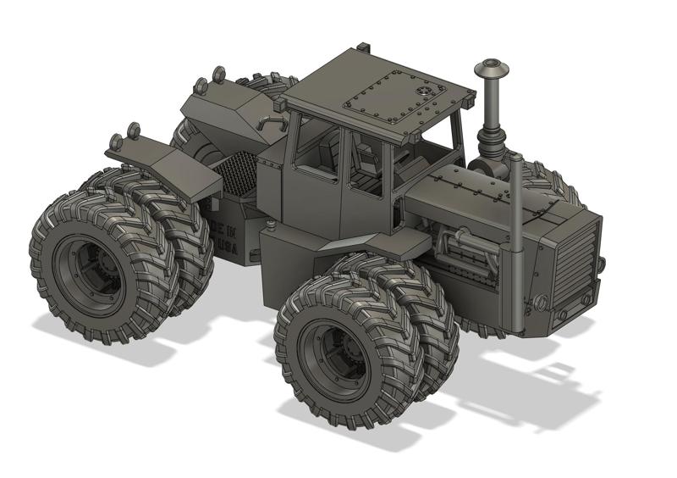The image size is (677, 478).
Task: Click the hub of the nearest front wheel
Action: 334,356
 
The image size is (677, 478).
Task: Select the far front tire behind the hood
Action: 554,182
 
